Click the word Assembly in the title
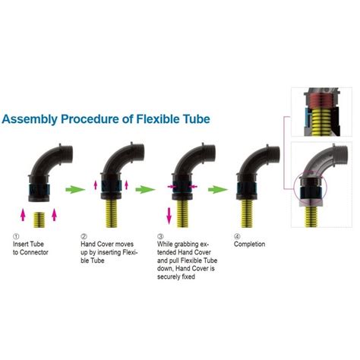[x=30, y=119]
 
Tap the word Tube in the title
[x=197, y=118]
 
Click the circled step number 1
[x=16, y=236]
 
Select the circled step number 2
[x=84, y=236]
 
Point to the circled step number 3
[x=160, y=236]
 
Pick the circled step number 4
[x=237, y=236]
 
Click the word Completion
[x=250, y=245]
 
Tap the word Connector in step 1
[x=34, y=252]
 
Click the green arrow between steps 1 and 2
[x=75, y=189]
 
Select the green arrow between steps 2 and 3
[x=145, y=189]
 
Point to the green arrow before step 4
[x=218, y=189]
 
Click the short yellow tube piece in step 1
[x=39, y=219]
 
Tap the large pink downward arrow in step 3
[x=169, y=216]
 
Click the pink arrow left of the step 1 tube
[x=23, y=215]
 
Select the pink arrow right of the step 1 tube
[x=54, y=215]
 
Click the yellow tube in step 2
[x=112, y=213]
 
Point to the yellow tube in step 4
[x=247, y=213]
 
